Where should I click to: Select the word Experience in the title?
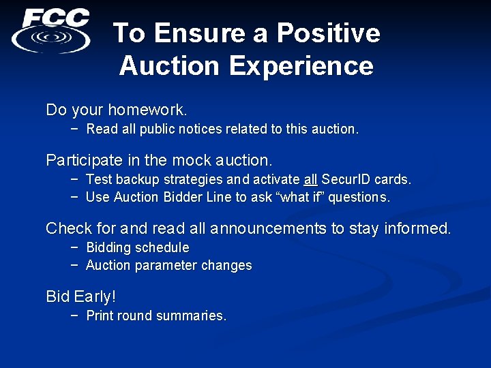(301, 66)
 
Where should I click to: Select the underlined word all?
(310, 180)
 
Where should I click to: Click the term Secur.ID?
(346, 180)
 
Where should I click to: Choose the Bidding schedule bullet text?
(138, 247)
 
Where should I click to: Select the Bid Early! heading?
(80, 296)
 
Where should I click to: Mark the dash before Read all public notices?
(74, 129)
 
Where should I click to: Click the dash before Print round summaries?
(74, 316)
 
